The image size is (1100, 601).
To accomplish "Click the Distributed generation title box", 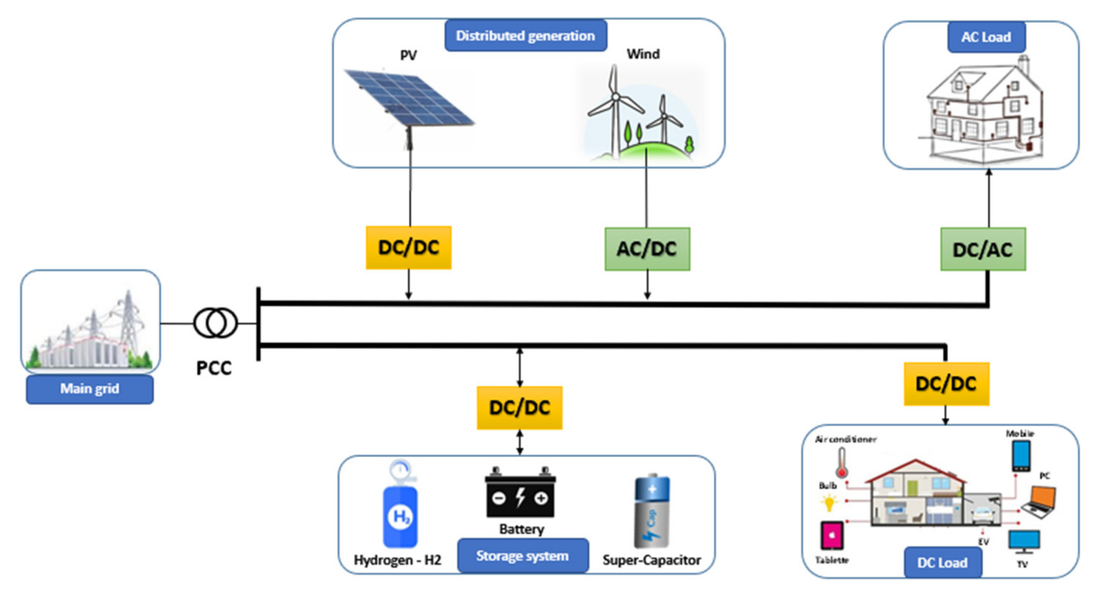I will coord(525,36).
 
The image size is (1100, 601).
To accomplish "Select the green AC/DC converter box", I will coord(647,249).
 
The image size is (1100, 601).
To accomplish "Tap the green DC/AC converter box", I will coord(983,249).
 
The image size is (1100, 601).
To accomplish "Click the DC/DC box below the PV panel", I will coord(408,248).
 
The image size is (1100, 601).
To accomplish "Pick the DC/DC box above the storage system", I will coord(519,407).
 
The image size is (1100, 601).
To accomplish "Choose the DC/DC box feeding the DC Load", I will coord(946,384).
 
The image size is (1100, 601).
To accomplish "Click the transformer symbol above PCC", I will coord(215,323).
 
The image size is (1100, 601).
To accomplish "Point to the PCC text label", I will coord(214,368).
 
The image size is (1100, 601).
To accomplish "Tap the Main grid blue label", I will coord(90,389).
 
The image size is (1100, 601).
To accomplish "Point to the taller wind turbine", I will coord(615,107).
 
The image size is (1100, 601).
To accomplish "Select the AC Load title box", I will coord(986,37).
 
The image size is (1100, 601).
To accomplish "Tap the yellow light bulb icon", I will coord(829,503).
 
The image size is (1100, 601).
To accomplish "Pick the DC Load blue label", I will coord(942,562).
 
